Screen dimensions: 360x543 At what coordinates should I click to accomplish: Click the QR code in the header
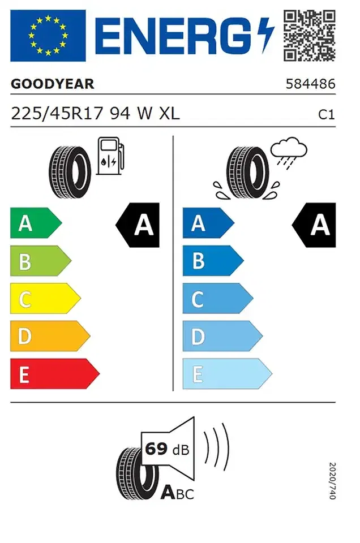310,36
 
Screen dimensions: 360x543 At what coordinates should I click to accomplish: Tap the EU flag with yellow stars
48,36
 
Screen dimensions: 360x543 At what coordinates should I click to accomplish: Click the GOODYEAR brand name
52,84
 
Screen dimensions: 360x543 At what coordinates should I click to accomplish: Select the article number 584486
310,84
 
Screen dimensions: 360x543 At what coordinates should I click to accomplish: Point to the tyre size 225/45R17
57,113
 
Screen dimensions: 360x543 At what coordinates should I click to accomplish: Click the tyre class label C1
327,115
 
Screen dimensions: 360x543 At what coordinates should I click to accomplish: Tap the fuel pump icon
110,156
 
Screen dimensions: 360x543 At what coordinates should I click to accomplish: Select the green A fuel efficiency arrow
36,223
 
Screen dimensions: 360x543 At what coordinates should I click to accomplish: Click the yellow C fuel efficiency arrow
45,299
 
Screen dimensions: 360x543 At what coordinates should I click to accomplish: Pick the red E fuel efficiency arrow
55,374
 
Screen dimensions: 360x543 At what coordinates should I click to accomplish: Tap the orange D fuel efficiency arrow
50,336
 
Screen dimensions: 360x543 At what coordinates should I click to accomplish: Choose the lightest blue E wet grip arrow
228,374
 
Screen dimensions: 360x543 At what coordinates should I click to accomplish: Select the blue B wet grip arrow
213,261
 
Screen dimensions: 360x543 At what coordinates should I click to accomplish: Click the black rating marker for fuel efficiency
138,225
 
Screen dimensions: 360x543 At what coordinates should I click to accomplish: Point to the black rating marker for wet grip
314,225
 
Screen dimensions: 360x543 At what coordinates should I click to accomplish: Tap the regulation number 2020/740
332,481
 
